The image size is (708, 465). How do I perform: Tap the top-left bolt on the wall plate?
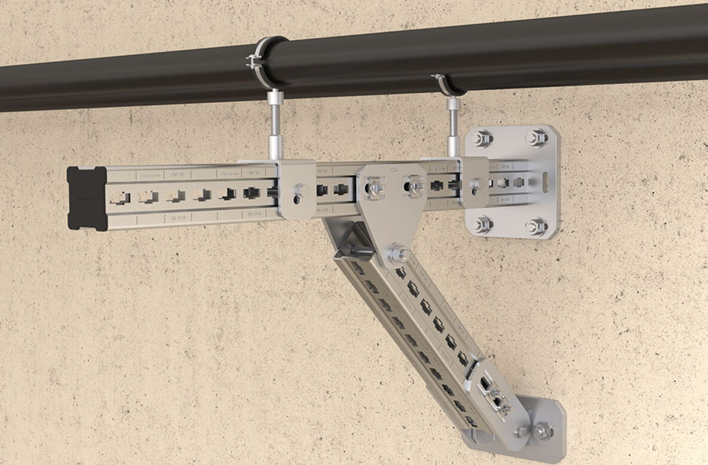482,139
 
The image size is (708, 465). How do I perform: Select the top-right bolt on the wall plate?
537,138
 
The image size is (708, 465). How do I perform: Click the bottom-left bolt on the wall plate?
482,225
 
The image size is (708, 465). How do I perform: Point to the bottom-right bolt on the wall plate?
537,227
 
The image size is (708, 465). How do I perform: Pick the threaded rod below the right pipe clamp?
453,125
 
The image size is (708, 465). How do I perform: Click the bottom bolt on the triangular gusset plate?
396,254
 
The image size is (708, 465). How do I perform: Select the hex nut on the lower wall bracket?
543,430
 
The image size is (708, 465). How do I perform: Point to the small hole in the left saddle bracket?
295,191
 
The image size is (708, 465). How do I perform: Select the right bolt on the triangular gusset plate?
415,187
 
